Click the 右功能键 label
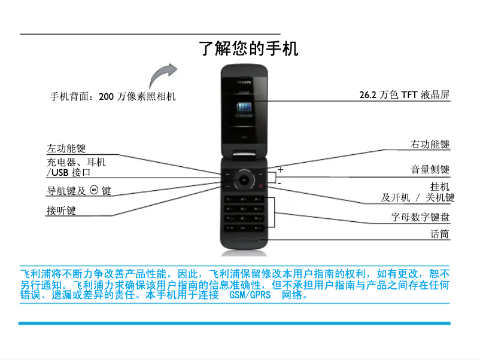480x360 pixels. click(x=430, y=144)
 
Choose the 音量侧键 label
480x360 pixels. click(x=430, y=170)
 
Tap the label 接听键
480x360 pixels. click(x=61, y=210)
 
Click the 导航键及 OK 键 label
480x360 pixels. click(x=79, y=191)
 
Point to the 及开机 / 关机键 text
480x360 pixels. click(x=418, y=197)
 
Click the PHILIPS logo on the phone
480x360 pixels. click(x=244, y=77)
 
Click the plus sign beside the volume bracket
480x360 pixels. click(x=280, y=170)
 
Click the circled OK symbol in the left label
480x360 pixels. click(x=94, y=190)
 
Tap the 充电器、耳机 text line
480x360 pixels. click(x=76, y=162)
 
